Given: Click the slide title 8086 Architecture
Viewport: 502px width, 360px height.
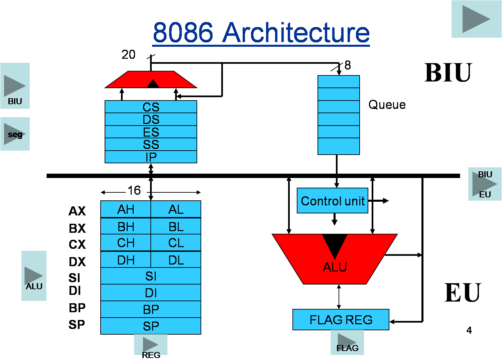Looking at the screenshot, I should pyautogui.click(x=261, y=32).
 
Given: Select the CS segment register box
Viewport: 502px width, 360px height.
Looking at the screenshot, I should pyautogui.click(x=151, y=107).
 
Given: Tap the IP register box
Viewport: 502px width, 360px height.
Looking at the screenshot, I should pyautogui.click(x=151, y=157).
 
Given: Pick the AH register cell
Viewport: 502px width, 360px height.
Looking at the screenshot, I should pyautogui.click(x=126, y=209).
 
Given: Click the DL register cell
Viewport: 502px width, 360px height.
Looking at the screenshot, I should pyautogui.click(x=176, y=260).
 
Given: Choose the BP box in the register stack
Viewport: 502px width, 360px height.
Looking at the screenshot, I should pyautogui.click(x=151, y=309).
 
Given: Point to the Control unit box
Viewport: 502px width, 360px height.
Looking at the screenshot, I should pyautogui.click(x=333, y=201).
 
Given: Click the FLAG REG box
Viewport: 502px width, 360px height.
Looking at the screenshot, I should pyautogui.click(x=341, y=320).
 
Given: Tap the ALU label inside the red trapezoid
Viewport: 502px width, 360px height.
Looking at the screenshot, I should pyautogui.click(x=335, y=267).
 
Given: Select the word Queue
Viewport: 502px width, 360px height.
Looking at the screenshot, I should pyautogui.click(x=387, y=105).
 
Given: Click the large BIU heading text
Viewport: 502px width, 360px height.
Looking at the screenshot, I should pyautogui.click(x=448, y=72).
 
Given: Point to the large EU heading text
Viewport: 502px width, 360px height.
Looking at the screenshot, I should pyautogui.click(x=463, y=293).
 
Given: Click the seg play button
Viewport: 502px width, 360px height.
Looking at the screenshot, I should pyautogui.click(x=15, y=134).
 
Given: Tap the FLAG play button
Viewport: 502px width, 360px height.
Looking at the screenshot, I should pyautogui.click(x=347, y=342).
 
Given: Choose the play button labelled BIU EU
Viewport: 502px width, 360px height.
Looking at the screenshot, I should pyautogui.click(x=485, y=184).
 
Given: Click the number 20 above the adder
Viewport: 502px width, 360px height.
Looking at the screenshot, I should pyautogui.click(x=128, y=54).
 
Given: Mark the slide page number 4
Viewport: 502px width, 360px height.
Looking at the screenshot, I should pyautogui.click(x=469, y=330).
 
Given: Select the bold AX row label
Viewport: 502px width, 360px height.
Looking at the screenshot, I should pyautogui.click(x=77, y=211).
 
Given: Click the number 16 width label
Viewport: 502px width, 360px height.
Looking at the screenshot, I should pyautogui.click(x=134, y=191).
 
